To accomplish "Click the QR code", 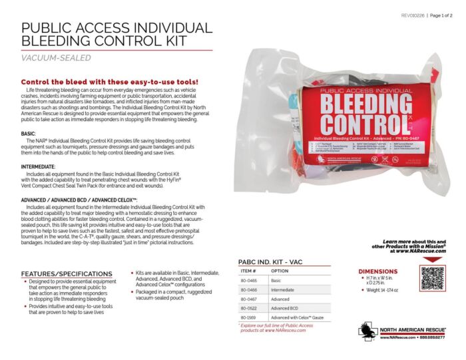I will pyautogui.click(x=432, y=278).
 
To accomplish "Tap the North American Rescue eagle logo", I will pyautogui.click(x=367, y=331).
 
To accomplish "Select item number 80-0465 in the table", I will pyautogui.click(x=248, y=281).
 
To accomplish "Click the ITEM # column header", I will pyautogui.click(x=248, y=271).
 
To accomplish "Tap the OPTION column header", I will pyautogui.click(x=280, y=271).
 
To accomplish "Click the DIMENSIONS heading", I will pyautogui.click(x=378, y=271).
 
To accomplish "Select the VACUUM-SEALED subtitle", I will pyautogui.click(x=56, y=58).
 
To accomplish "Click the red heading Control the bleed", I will pyautogui.click(x=101, y=82).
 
